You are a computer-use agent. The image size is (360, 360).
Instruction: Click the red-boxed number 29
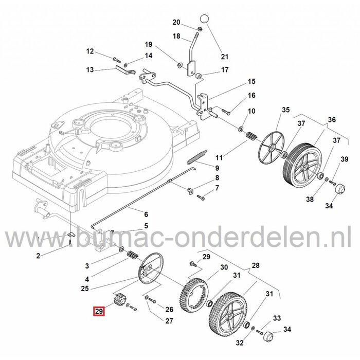[x=98, y=311]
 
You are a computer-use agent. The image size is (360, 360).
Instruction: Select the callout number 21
[x=224, y=56]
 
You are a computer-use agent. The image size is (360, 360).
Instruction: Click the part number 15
[x=251, y=82]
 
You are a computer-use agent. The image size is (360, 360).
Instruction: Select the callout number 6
[x=146, y=214]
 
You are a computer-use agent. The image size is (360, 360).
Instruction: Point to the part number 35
[x=286, y=110]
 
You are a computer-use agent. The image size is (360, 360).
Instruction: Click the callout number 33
[x=277, y=318]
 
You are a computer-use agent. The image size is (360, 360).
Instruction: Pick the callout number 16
[x=251, y=96]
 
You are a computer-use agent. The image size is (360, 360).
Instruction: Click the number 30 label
[x=223, y=267]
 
